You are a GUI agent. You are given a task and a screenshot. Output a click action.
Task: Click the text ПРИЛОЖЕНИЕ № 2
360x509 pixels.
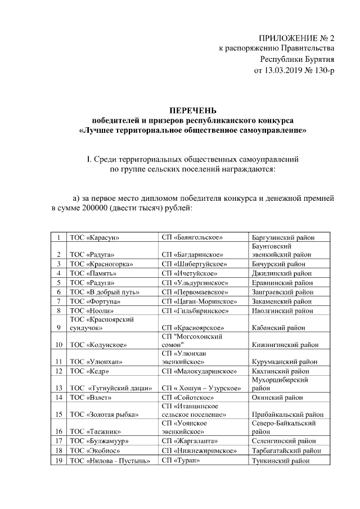[296, 38]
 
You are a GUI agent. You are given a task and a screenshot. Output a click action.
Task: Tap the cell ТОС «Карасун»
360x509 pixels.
[94, 238]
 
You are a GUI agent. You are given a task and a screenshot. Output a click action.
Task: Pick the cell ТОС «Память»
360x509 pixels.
[90, 273]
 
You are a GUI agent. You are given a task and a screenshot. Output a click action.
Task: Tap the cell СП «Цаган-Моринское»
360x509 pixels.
[199, 301]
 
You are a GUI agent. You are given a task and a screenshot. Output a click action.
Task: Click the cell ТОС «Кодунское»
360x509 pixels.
[97, 344]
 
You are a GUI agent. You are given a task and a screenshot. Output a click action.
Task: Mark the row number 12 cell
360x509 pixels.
[58, 371]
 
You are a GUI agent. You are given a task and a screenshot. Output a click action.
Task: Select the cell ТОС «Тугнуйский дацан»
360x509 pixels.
[110, 388]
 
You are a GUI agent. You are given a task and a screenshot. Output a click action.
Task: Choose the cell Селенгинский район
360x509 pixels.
[283, 440]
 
